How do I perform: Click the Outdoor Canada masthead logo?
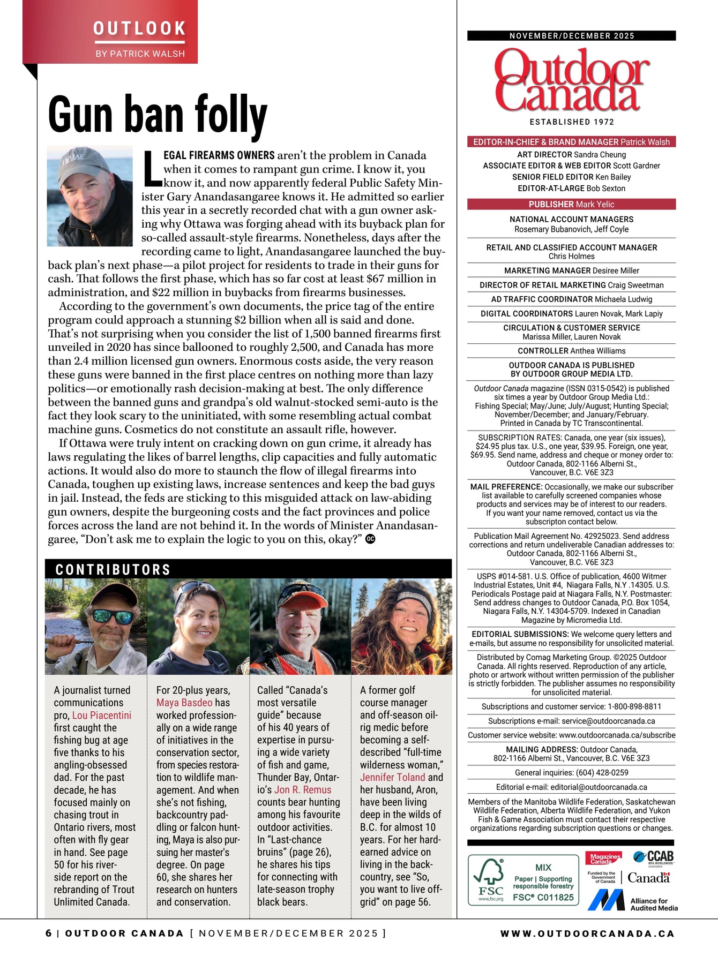571,80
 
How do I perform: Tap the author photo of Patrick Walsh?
90,195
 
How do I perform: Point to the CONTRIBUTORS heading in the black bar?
113,569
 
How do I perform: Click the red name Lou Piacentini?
102,716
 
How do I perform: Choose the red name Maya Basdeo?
184,703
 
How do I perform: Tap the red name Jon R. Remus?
303,790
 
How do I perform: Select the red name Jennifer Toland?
392,778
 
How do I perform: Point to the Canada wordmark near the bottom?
648,878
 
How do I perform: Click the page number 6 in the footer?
49,933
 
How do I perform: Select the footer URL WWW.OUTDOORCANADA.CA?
587,933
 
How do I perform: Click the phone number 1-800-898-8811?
634,706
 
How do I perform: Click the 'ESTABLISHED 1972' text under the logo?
572,122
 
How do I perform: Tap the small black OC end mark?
370,539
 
